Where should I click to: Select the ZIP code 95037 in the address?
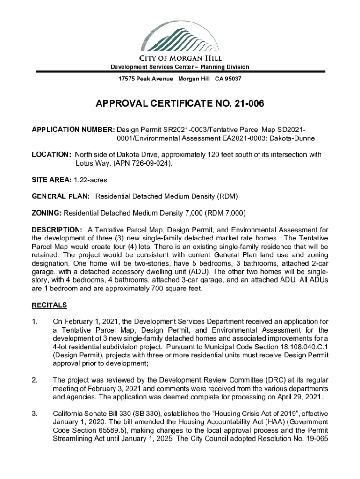point(233,79)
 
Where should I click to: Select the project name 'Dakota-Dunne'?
point(294,138)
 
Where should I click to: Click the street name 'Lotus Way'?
point(92,164)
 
